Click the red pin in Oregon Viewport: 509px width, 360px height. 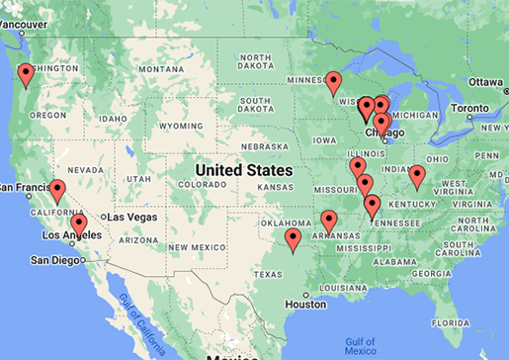tap(26, 74)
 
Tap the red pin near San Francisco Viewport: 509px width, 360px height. tap(57, 191)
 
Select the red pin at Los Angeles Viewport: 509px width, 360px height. tap(79, 225)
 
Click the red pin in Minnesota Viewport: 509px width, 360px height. tap(334, 81)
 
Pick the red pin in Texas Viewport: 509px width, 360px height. tap(293, 239)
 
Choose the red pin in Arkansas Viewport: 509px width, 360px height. tap(329, 222)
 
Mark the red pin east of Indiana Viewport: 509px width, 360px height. tap(417, 177)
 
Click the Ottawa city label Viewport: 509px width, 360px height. tap(485, 81)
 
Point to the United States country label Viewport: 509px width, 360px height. tap(244, 170)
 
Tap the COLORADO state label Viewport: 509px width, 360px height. tap(204, 184)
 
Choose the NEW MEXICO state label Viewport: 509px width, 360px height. tap(189, 245)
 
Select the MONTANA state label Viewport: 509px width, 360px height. tap(162, 69)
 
